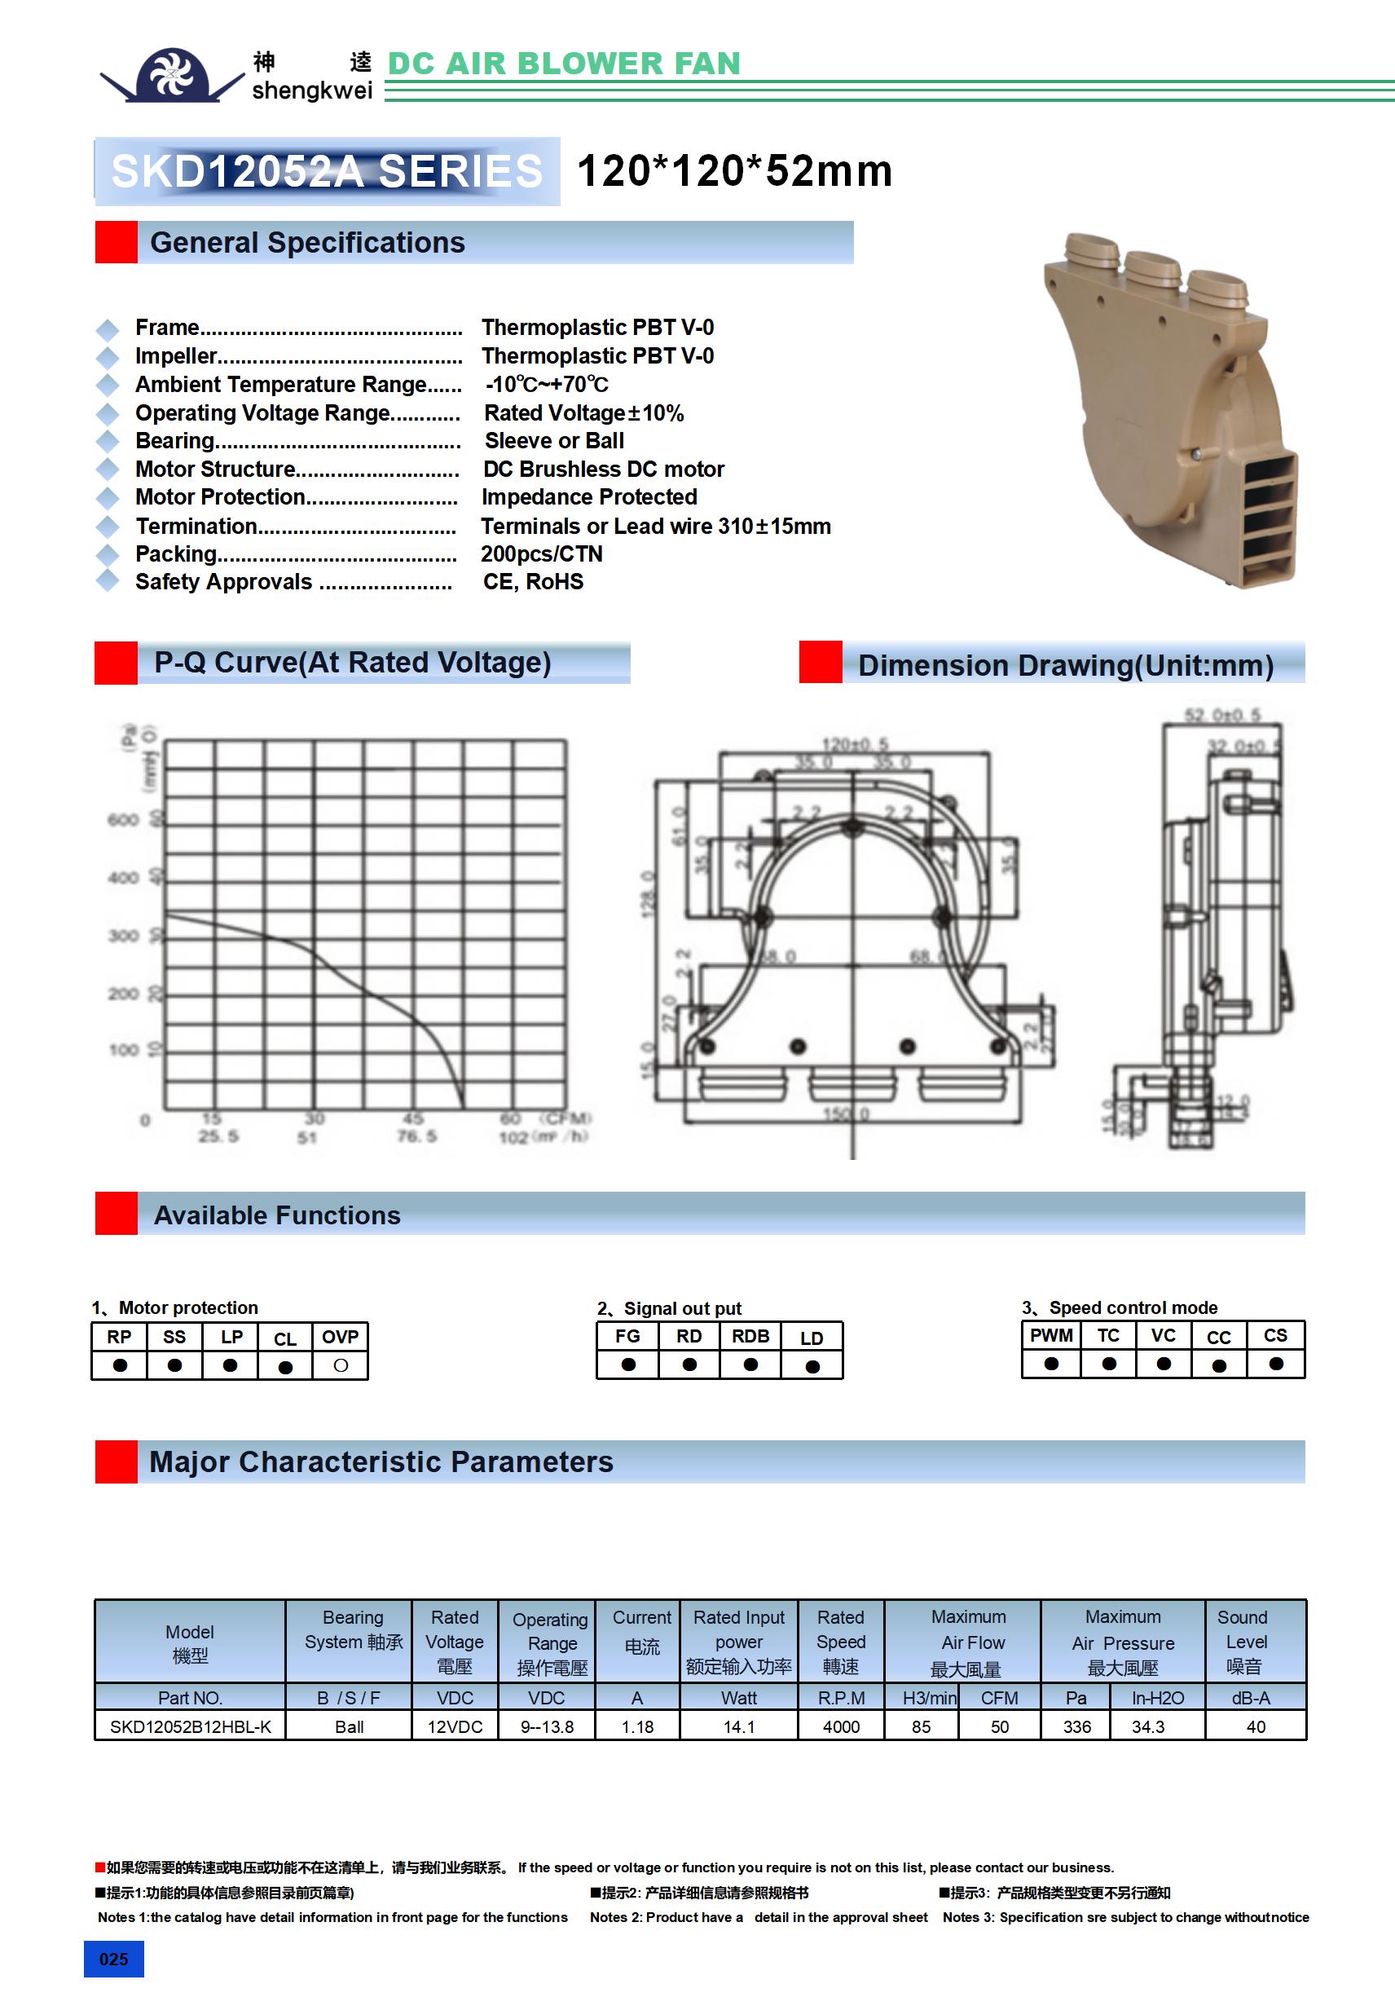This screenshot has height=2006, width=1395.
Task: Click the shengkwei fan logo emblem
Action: pos(171,75)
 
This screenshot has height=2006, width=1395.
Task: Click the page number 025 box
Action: pos(113,1959)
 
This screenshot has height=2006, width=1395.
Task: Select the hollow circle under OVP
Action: pos(341,1365)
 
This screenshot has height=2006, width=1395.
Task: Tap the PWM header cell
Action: pos(1051,1335)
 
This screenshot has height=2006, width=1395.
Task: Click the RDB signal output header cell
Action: pos(750,1336)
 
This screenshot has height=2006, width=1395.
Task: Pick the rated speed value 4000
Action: pos(840,1726)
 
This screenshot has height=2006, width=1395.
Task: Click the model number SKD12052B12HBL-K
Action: pos(191,1726)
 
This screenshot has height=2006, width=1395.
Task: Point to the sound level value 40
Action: pos(1255,1726)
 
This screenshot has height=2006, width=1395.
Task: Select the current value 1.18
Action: pos(638,1726)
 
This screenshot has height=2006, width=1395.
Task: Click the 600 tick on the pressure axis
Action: pos(123,819)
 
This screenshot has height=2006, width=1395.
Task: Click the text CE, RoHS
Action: pos(533,582)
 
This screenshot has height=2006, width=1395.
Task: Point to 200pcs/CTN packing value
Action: pos(542,554)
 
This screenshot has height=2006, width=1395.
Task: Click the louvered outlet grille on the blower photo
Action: pos(1266,515)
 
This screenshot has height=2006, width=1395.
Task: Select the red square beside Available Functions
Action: pos(117,1214)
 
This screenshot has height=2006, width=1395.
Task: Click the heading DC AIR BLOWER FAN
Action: pos(563,63)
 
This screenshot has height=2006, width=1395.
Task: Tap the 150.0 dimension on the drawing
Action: pos(846,1114)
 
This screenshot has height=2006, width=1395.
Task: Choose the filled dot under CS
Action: pos(1275,1364)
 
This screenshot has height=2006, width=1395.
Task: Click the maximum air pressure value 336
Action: pos(1076,1726)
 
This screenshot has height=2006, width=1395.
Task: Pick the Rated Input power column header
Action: pos(739,1642)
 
